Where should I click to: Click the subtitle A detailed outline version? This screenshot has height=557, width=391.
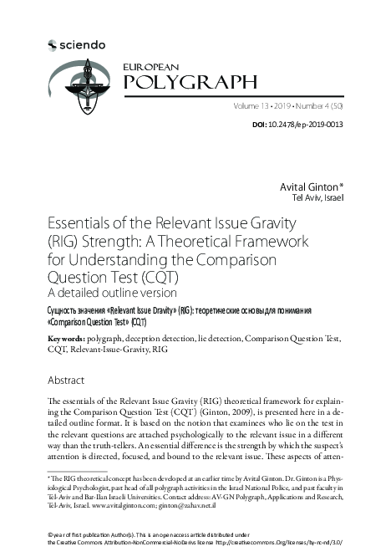coord(113,294)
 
